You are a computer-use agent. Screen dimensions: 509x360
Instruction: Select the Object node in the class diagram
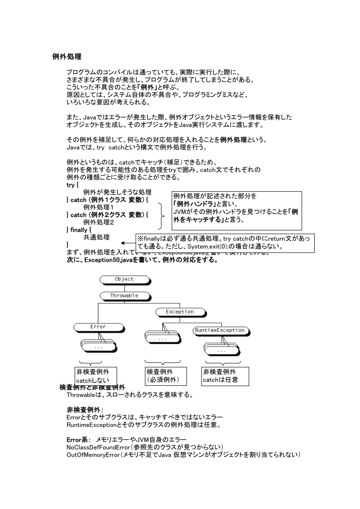click(124, 279)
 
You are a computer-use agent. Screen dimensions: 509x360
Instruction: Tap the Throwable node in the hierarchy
click(124, 295)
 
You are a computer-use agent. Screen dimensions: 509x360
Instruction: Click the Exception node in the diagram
click(180, 312)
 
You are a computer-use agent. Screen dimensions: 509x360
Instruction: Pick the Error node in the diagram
click(98, 326)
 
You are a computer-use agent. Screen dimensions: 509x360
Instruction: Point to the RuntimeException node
click(219, 330)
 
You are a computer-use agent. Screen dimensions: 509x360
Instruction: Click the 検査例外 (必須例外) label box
click(165, 377)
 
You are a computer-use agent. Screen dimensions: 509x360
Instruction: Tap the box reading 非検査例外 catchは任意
click(225, 377)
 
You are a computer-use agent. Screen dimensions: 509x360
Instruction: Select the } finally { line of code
click(79, 229)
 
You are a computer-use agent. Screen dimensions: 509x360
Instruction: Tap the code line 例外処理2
click(98, 222)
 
